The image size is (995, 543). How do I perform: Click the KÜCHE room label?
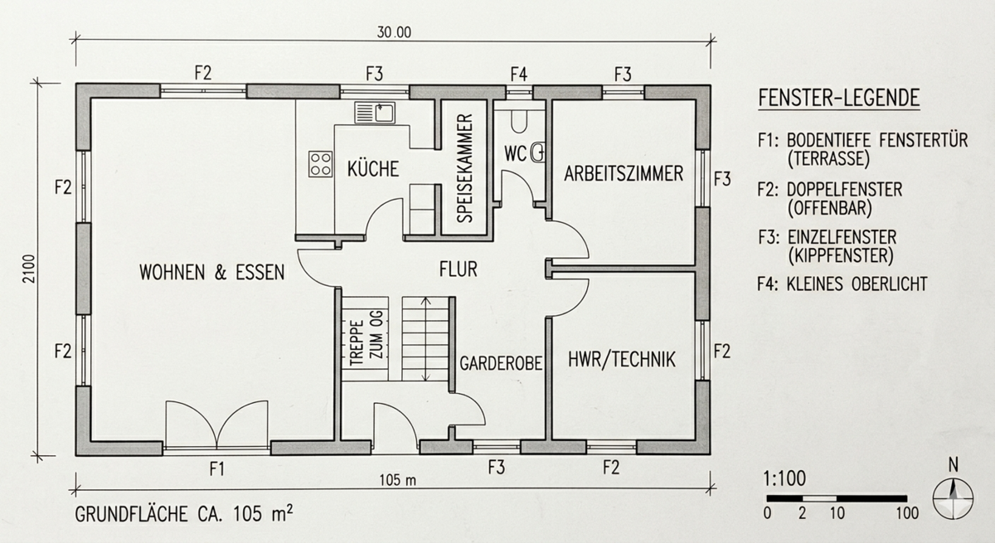tap(372, 169)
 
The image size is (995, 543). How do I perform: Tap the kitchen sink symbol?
tap(376, 112)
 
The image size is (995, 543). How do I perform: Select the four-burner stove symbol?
tap(321, 162)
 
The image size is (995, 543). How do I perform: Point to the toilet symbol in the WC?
tap(519, 121)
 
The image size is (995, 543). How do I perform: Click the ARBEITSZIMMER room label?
tap(624, 174)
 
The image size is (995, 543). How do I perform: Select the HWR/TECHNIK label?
tap(622, 360)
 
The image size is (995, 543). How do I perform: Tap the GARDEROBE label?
tap(501, 362)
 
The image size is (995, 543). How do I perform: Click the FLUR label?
tap(459, 269)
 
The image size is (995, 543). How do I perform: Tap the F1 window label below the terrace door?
tap(217, 469)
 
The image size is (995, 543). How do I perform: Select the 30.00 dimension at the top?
tap(393, 34)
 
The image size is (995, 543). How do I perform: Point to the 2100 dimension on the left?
tap(26, 270)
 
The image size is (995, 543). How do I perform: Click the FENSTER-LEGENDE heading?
tap(838, 99)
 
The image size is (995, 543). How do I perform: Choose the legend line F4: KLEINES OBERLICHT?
tap(842, 284)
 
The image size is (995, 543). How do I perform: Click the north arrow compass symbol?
tap(953, 498)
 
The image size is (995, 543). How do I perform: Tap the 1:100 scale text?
tap(784, 479)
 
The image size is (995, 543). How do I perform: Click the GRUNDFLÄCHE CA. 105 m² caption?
tap(183, 512)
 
